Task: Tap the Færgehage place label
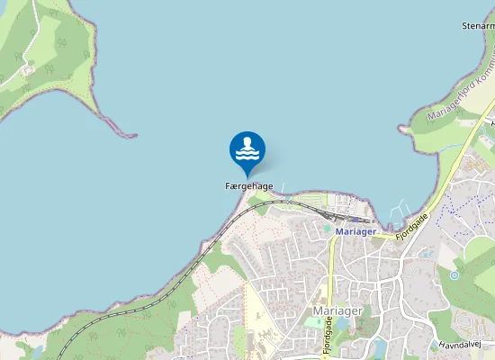(249, 186)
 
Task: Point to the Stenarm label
(478, 26)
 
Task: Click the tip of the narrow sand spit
(132, 136)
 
